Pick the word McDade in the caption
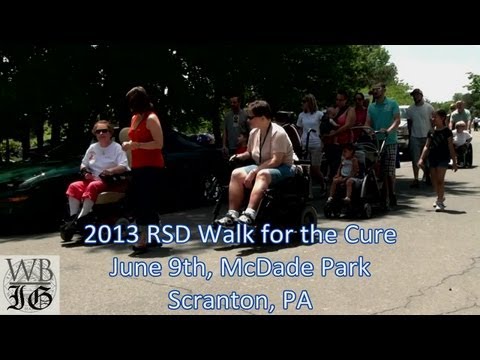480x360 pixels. point(267,268)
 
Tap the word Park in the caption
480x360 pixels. point(343,268)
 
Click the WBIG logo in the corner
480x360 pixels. point(29,284)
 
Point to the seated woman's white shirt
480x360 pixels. point(103,158)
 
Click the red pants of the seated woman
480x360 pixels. point(84,188)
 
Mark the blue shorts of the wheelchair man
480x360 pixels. point(274,171)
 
